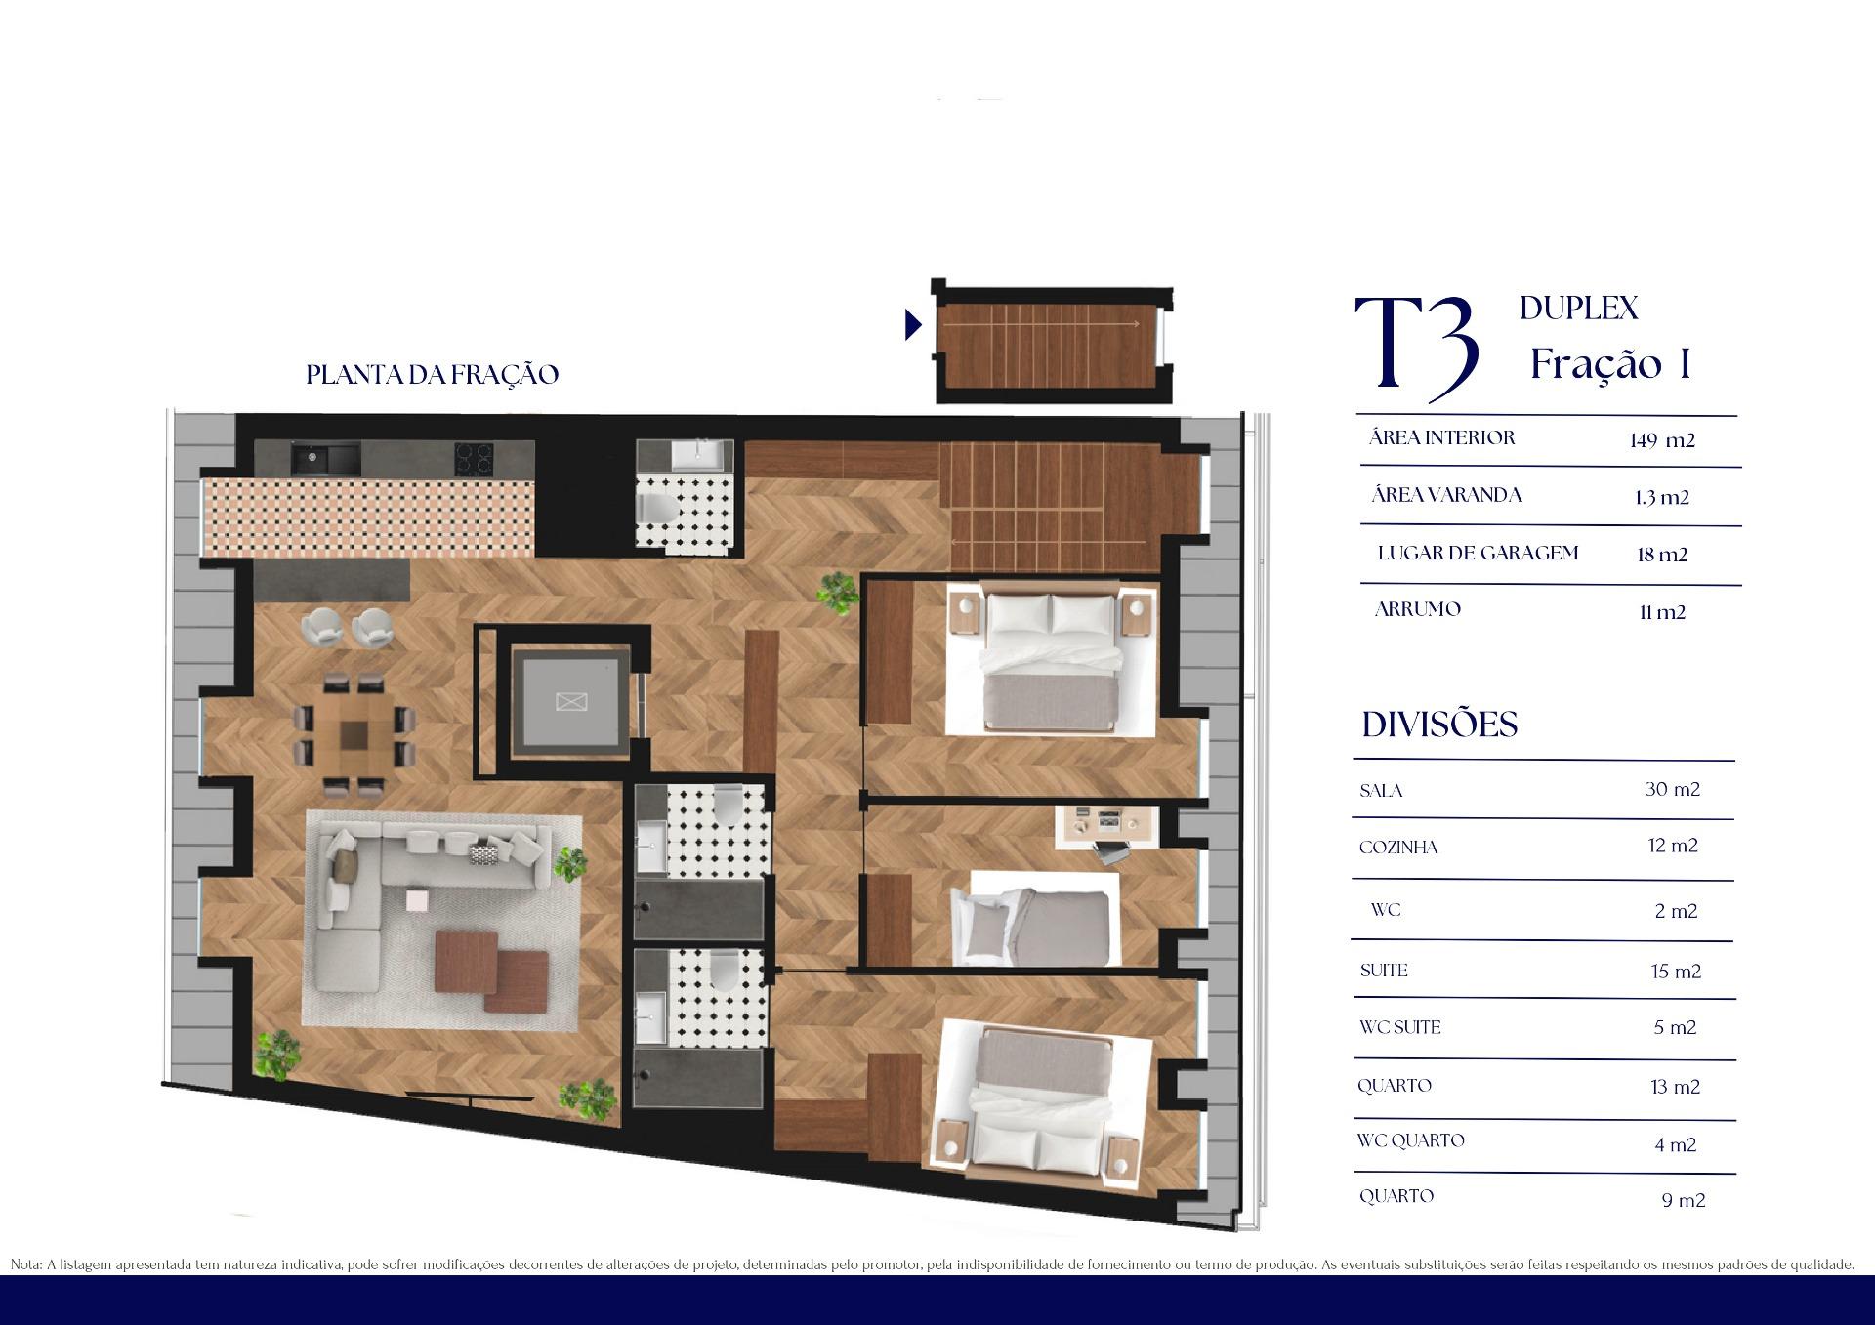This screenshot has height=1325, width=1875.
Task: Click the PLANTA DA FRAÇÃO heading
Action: pos(433,375)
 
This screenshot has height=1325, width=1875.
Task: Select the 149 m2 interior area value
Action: pos(1662,440)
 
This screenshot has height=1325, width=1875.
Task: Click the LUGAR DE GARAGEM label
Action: pos(1478,553)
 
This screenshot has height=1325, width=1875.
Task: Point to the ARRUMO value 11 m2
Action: pos(1663,612)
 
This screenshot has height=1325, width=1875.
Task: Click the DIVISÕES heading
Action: pos(1439,725)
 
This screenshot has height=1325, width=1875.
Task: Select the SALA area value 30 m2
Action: pos(1673,789)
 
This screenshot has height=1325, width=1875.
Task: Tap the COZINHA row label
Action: pos(1398,848)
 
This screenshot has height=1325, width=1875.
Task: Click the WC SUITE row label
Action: pos(1399,1027)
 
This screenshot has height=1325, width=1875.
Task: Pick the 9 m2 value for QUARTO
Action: pos(1684,1200)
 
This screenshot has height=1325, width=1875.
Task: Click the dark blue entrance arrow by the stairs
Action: pos(913,324)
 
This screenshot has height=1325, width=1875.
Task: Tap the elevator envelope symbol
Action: pos(567,701)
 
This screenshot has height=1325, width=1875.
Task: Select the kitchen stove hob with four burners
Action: pos(473,456)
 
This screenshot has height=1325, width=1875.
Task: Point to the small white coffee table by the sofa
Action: pos(417,899)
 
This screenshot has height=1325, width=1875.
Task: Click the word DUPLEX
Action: pos(1579,309)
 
